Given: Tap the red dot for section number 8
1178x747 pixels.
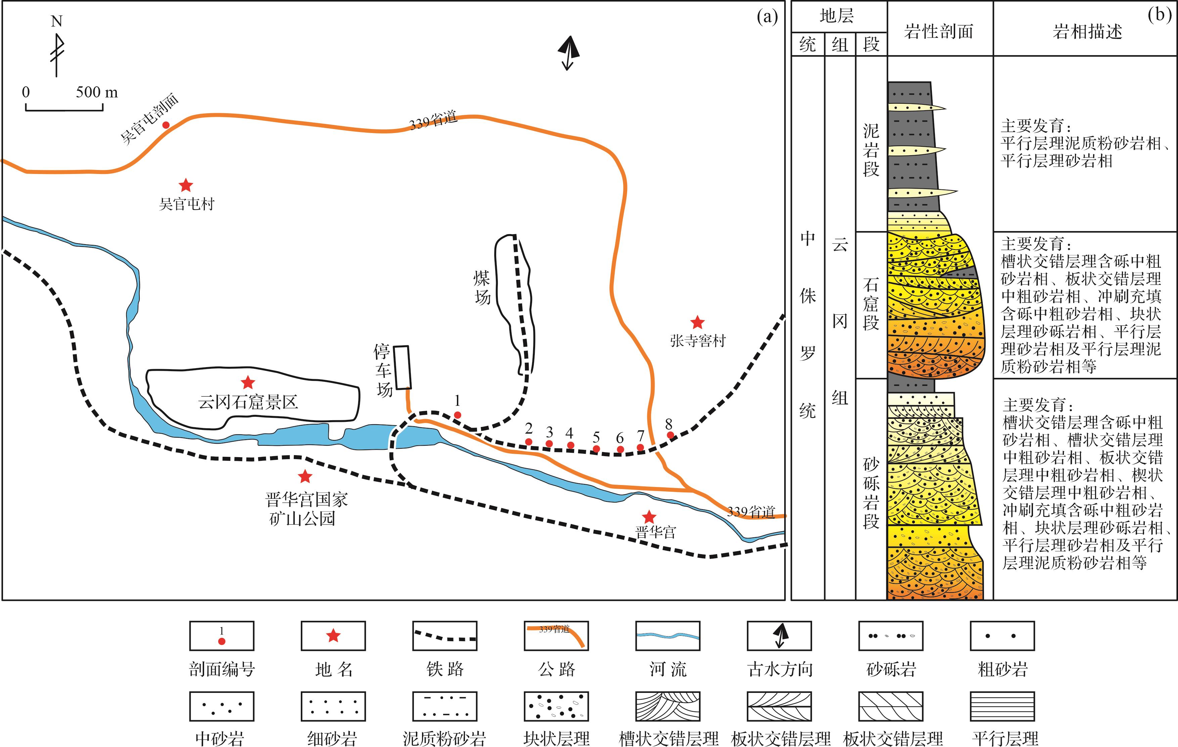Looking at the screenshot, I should pos(670,435).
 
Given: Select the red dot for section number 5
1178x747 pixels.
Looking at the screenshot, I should pos(596,448).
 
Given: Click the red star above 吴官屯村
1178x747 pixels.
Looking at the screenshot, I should pos(185,185).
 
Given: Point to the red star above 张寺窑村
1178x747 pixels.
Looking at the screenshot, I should pos(697,322).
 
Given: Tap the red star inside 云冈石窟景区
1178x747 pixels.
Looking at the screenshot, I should pos(248,382).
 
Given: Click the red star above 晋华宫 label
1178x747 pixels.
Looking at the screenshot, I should pos(649,517).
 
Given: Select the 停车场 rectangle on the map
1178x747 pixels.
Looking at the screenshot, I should pos(403,367).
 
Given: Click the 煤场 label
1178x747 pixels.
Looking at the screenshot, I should pos(482,288).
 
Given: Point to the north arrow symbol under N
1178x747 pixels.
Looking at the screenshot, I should pos(57,54).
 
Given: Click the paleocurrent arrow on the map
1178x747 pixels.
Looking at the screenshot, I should pos(568,53).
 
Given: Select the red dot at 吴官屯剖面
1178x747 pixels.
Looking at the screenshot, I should pos(166,125).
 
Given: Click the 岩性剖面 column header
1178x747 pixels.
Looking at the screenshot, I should pos(939,31).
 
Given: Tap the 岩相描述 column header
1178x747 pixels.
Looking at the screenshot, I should pos(1087,31).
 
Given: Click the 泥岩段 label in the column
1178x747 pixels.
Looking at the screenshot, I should pos(871,149).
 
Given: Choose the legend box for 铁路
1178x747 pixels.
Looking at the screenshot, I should pos(444,636).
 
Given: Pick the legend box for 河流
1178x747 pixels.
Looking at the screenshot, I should pos(667,636).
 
